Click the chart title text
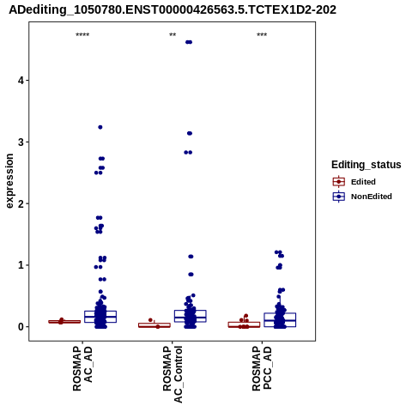(173, 10)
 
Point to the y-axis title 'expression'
(9, 181)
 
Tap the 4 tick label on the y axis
(21, 81)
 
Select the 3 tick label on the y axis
(21, 142)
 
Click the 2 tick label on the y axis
(21, 203)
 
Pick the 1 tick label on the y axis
(21, 265)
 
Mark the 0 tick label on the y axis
(21, 327)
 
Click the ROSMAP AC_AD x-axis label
(82, 368)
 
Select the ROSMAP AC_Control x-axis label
(173, 374)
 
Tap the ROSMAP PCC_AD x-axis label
(262, 368)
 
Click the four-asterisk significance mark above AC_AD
(82, 35)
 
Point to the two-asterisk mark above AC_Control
(173, 35)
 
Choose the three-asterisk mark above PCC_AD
(262, 35)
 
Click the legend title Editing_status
(367, 165)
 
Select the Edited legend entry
(354, 182)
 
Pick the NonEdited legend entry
(362, 197)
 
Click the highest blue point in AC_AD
(100, 127)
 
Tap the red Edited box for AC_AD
(64, 322)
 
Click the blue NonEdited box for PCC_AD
(280, 320)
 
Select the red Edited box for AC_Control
(154, 325)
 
